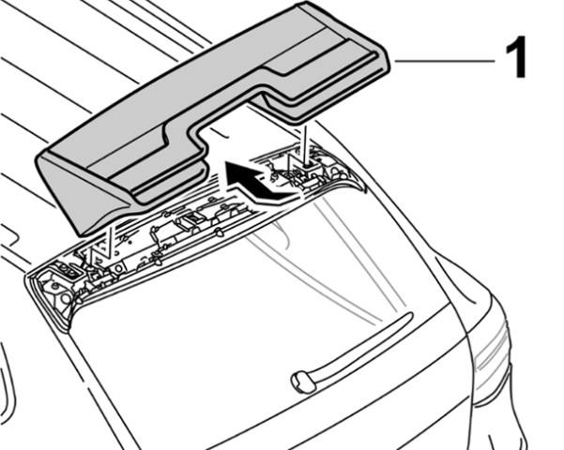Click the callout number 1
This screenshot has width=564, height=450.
(x=516, y=58)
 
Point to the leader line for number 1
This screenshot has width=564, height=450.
(x=445, y=61)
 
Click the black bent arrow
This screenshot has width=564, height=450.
(x=258, y=180)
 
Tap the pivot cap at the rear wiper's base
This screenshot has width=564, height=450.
(x=303, y=382)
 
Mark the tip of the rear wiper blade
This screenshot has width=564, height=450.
(x=409, y=315)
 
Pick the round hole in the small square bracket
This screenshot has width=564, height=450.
(x=117, y=268)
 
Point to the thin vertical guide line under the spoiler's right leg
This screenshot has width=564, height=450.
(x=304, y=142)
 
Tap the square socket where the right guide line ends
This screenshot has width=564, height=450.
(x=308, y=166)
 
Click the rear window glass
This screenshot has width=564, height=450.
(x=252, y=306)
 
